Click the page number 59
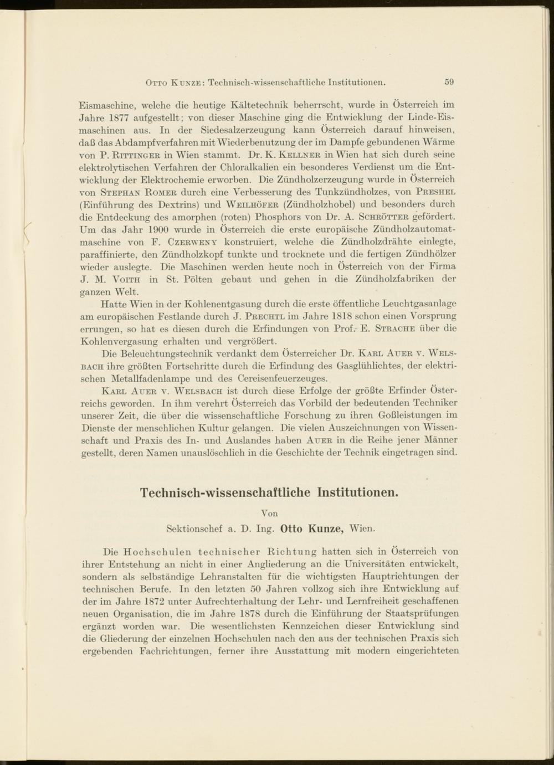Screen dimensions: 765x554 pos(449,83)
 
